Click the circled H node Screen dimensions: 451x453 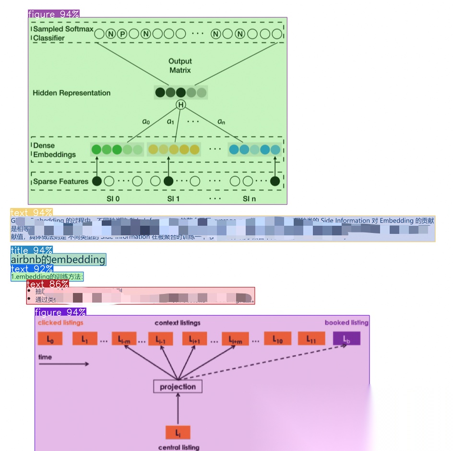coord(180,105)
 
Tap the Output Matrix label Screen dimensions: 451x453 coord(180,66)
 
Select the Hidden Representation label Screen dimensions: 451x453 coord(72,93)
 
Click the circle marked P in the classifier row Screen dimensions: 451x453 coord(122,34)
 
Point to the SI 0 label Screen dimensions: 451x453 coord(113,198)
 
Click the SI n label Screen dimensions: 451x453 coord(249,198)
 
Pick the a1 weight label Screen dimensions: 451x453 coord(170,122)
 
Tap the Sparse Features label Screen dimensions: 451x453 coord(60,182)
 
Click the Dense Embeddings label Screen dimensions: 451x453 coord(54,150)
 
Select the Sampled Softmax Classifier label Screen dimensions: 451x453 coord(63,34)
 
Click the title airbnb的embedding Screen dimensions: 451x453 coord(58,260)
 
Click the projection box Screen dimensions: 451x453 coord(178,387)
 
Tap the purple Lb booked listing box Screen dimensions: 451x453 coord(346,339)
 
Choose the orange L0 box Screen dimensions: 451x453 coord(50,339)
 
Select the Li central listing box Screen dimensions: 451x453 coord(178,433)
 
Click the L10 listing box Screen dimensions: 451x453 coord(277,339)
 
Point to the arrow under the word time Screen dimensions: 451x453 coord(64,364)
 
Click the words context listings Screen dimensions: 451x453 coord(177,323)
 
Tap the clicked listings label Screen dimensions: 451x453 coord(60,323)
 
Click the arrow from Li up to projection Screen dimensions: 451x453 coord(178,409)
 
